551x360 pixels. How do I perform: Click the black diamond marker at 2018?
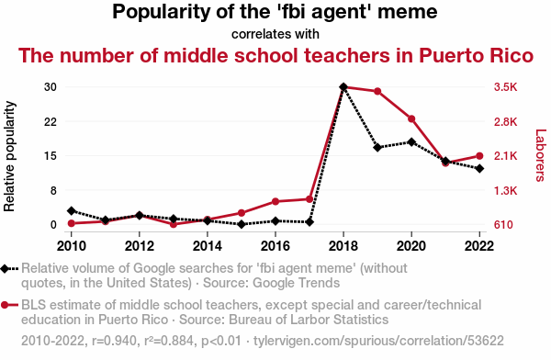(343, 87)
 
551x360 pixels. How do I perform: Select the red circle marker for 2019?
(377, 92)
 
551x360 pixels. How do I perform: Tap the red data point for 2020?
(411, 118)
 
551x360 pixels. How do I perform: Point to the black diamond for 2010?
(72, 211)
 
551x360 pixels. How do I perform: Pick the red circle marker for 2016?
(275, 201)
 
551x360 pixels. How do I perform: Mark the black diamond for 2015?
(242, 224)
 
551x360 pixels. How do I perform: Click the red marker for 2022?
(479, 156)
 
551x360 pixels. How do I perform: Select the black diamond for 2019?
(377, 147)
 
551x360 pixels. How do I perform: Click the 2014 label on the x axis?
(208, 246)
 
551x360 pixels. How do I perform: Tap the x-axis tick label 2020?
(411, 246)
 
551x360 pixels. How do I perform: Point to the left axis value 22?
(51, 121)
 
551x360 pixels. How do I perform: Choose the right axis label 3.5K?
(506, 87)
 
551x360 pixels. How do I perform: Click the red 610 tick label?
(503, 224)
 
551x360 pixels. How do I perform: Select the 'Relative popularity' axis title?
(9, 156)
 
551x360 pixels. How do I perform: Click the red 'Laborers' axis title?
(540, 155)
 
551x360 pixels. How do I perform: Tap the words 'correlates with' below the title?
(275, 34)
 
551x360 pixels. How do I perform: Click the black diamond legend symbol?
(5, 268)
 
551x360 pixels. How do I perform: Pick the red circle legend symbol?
(5, 305)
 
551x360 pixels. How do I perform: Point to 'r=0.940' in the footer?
(114, 341)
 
